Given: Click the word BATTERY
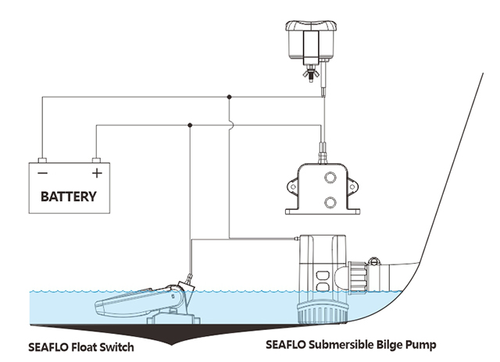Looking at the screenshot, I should coord(69,196).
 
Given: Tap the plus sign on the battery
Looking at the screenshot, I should coord(97,172).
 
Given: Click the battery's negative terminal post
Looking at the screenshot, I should coord(44,157).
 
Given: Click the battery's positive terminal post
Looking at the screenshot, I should coord(96,157).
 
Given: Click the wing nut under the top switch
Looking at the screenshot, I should coord(310,75).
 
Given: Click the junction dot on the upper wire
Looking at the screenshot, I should coord(228,97).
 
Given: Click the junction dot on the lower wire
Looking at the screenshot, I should coord(190,124).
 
